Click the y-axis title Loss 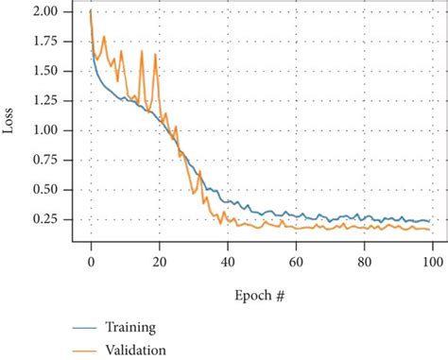coord(10,123)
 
